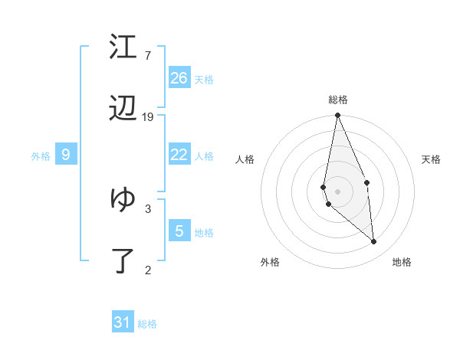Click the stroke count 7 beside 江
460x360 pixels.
148,56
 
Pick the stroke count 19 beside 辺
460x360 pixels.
148,117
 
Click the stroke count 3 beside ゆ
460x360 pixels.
148,208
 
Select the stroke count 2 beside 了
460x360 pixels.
148,269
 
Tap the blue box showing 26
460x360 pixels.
179,77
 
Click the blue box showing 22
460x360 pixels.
179,155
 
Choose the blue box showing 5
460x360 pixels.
179,231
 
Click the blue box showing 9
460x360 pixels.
66,155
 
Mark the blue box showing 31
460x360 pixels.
123,322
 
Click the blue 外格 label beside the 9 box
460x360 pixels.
41,156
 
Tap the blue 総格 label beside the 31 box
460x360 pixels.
147,324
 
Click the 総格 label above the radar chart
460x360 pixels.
338,100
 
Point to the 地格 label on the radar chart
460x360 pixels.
402,262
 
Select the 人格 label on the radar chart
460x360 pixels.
245,159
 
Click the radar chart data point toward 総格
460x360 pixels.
337,116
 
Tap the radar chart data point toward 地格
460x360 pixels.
374,242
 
